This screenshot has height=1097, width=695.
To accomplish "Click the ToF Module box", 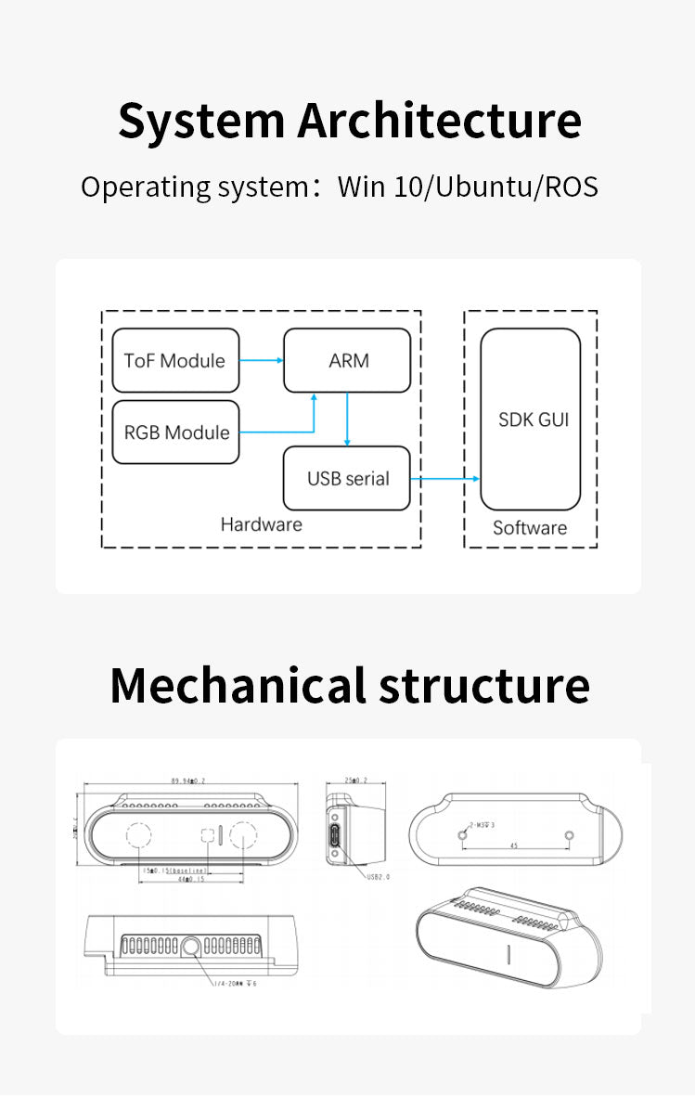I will point(175,361).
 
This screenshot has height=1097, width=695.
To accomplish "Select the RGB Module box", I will point(175,432).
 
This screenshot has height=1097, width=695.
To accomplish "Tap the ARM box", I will point(348,360).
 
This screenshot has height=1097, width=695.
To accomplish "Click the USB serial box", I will point(347,479).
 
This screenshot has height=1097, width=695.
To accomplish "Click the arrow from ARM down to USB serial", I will point(346,419).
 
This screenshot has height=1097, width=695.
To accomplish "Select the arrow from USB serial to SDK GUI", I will point(445,479).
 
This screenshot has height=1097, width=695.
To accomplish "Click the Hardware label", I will point(261,524).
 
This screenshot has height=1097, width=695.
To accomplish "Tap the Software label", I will point(529,528).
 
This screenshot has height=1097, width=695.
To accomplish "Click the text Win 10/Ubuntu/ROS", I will point(468,187).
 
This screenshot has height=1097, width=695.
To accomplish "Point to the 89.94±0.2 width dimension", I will point(188,781).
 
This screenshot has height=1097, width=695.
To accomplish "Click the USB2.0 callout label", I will point(379,876).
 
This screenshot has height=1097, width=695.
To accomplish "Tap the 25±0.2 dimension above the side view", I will point(355,781).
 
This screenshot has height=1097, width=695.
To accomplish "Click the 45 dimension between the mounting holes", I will point(515,845).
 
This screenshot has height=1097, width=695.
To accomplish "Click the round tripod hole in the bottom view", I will point(191,948).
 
